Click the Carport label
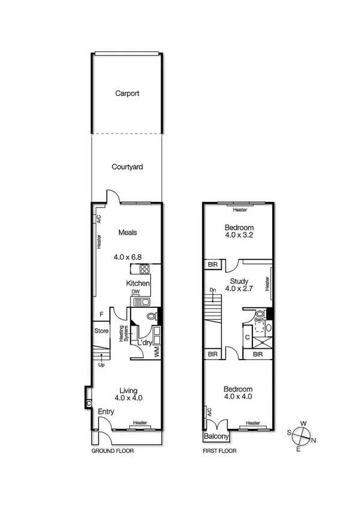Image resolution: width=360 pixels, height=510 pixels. pos(127,93)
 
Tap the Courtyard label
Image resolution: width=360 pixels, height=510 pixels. pos(127,168)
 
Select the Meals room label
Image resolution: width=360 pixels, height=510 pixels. pos(127,233)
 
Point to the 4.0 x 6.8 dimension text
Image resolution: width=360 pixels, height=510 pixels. pos(127,257)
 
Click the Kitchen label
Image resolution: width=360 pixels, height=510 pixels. pos(138,283)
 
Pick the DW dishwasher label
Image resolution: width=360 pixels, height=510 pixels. pos(136,293)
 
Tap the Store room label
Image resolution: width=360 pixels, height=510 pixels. pos(100,331)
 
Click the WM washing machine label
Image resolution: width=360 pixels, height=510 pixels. pos(156,351)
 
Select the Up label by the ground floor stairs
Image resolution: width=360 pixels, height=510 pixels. pos(100,364)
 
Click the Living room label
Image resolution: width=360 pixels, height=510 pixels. pos(129,389)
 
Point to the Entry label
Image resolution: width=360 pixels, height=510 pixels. pos(106,411)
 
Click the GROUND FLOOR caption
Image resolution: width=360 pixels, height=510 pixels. pos(112,450)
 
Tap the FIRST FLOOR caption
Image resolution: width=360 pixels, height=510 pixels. pos(221,450)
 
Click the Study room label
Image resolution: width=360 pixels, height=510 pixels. pos(239,280)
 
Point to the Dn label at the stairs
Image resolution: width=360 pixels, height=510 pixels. pos(212,290)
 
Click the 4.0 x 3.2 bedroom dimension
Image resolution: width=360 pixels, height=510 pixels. pos(239,236)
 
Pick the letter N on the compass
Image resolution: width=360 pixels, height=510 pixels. pos(314,440)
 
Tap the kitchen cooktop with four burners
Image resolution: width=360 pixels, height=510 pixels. pos(144,269)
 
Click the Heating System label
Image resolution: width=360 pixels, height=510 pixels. pos(123,334)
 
